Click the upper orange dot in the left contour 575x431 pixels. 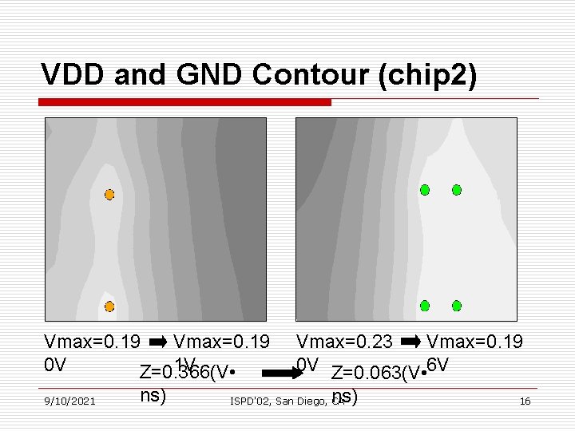click(x=109, y=194)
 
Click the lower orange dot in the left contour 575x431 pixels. click(x=109, y=306)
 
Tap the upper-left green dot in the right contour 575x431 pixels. click(x=425, y=190)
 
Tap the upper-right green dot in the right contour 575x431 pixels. click(x=456, y=190)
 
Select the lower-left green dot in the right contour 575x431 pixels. click(x=425, y=306)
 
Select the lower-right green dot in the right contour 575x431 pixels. click(x=456, y=306)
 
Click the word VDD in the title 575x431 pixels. click(x=74, y=74)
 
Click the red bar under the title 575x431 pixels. click(x=186, y=102)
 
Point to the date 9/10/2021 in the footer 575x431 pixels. click(x=70, y=401)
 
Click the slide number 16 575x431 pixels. click(x=525, y=401)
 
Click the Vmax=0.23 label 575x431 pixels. click(x=344, y=343)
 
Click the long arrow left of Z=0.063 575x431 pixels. click(x=279, y=373)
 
